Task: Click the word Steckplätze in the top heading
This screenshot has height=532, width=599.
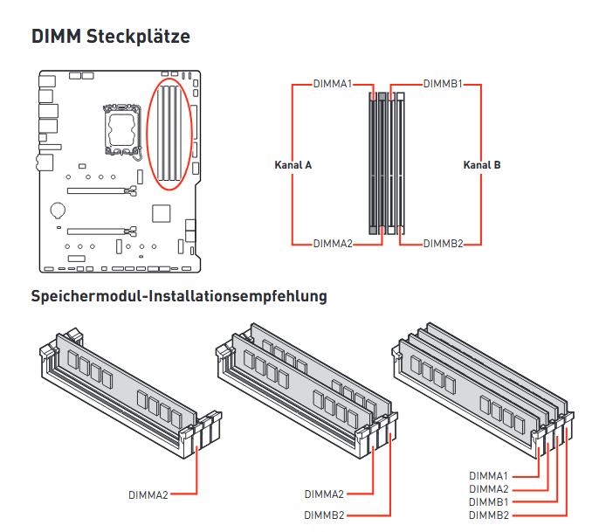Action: [x=138, y=37]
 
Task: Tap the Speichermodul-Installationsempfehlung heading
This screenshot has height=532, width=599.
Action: [x=179, y=296]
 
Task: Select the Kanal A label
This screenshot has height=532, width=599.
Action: [x=293, y=165]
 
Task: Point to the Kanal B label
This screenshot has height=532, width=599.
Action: [x=482, y=165]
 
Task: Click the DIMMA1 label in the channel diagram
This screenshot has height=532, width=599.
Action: [x=333, y=84]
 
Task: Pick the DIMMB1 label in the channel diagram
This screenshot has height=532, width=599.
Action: [x=443, y=84]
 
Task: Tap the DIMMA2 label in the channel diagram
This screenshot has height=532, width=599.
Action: [x=333, y=244]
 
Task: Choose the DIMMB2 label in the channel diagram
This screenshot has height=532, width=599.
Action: [x=444, y=244]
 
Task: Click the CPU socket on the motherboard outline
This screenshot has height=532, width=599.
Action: [x=121, y=130]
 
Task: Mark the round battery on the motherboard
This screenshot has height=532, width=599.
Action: [x=58, y=210]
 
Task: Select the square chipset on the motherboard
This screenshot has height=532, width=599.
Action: [x=162, y=213]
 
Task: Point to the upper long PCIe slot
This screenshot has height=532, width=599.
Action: [x=102, y=190]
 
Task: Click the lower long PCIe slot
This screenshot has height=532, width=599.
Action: [x=102, y=231]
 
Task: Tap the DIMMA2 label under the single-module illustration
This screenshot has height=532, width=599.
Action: [x=148, y=495]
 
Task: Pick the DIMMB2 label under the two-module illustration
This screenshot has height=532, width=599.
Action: [x=324, y=515]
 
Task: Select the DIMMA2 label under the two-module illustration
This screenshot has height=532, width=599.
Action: [x=324, y=494]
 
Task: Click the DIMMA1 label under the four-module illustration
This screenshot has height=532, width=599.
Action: [x=489, y=476]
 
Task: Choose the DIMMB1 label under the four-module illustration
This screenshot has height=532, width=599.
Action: [x=489, y=501]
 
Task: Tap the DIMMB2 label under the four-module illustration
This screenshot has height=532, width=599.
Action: [x=489, y=515]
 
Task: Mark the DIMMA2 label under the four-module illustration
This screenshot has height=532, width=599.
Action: [x=489, y=489]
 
